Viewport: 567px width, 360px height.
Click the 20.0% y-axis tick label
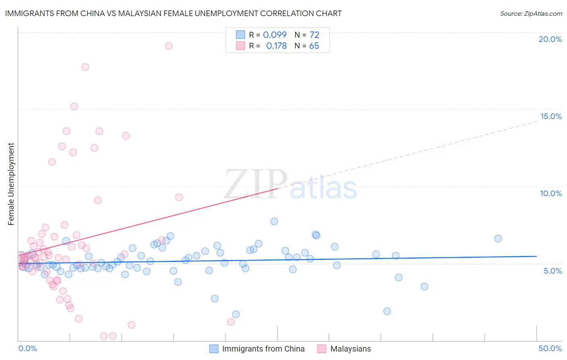pyautogui.click(x=550, y=39)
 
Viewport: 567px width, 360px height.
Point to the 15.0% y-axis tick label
pyautogui.click(x=551, y=116)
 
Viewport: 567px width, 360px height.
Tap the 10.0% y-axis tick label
pyautogui.click(x=551, y=193)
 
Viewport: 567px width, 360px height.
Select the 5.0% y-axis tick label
pyautogui.click(x=552, y=271)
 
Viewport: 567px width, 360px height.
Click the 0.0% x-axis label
pyautogui.click(x=27, y=348)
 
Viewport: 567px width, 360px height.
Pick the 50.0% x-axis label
pyautogui.click(x=550, y=348)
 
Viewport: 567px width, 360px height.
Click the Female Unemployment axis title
pyautogui.click(x=11, y=184)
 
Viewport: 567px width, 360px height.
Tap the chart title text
pyautogui.click(x=173, y=13)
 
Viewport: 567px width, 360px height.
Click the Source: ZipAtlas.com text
pyautogui.click(x=531, y=13)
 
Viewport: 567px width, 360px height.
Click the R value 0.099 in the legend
pyautogui.click(x=275, y=35)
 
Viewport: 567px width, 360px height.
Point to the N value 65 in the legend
pyautogui.click(x=314, y=46)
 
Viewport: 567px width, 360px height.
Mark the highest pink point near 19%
pyautogui.click(x=169, y=46)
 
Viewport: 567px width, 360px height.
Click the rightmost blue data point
pyautogui.click(x=498, y=239)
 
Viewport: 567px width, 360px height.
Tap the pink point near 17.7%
pyautogui.click(x=85, y=67)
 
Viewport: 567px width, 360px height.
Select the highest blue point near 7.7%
pyautogui.click(x=274, y=221)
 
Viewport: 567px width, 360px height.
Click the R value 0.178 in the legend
pyautogui.click(x=276, y=46)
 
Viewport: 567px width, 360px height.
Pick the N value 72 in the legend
pyautogui.click(x=314, y=35)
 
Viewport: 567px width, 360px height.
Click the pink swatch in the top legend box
pyautogui.click(x=241, y=46)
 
